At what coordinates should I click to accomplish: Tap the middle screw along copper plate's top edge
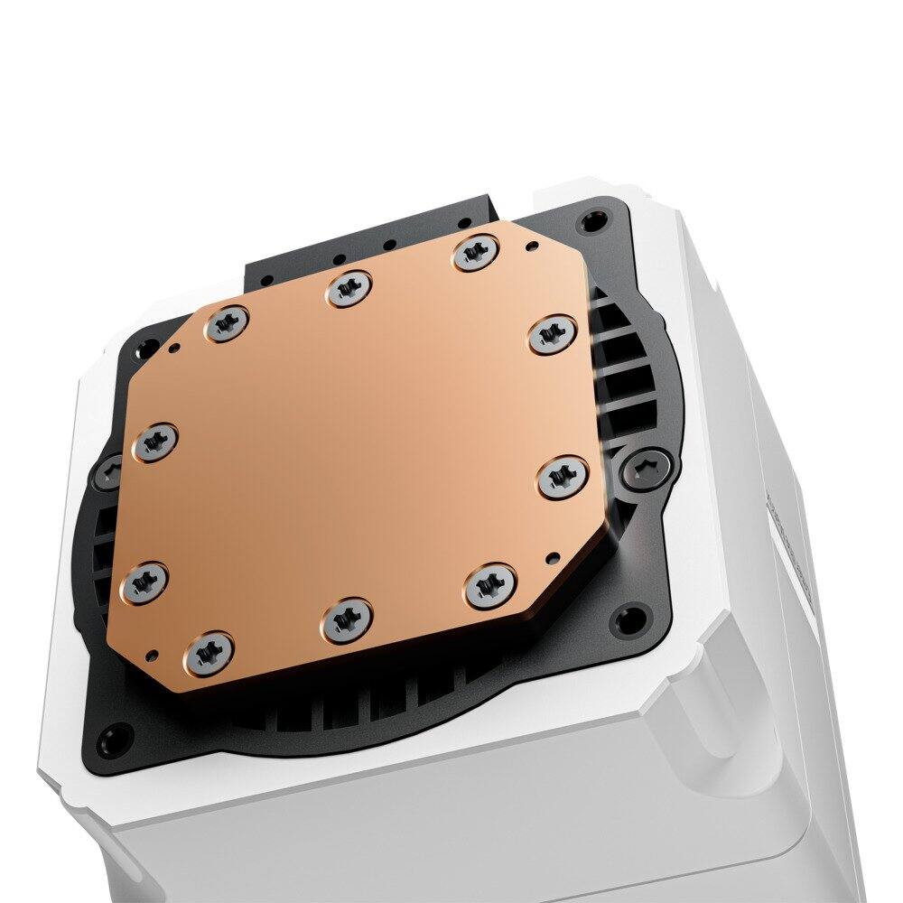(x=349, y=289)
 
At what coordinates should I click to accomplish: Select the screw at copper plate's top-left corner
(x=226, y=323)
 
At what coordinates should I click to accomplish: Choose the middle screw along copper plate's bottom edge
(x=346, y=618)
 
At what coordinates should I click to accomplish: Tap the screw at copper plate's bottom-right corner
(x=489, y=586)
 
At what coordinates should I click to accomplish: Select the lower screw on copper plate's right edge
(x=563, y=477)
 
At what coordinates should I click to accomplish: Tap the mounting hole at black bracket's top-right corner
(x=592, y=218)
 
